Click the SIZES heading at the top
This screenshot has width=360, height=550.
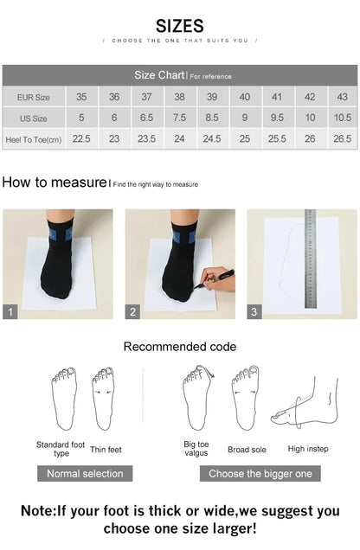180,26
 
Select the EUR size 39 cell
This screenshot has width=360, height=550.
212,97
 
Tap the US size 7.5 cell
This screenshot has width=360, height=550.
179,118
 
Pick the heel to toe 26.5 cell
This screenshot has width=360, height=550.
342,138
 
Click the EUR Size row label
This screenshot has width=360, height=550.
32,98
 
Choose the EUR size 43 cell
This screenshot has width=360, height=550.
342,97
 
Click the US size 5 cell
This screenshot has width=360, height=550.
81,118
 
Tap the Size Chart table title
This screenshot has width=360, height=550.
157,76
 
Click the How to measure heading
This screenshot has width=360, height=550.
54,182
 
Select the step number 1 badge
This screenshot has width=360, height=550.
10,312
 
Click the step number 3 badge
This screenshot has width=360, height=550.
254,312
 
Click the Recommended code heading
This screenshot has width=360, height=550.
179,347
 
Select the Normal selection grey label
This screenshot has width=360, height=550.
85,473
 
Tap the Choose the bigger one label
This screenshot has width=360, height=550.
260,473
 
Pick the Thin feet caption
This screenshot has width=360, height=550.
106,450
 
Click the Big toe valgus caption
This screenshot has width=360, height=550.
196,449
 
